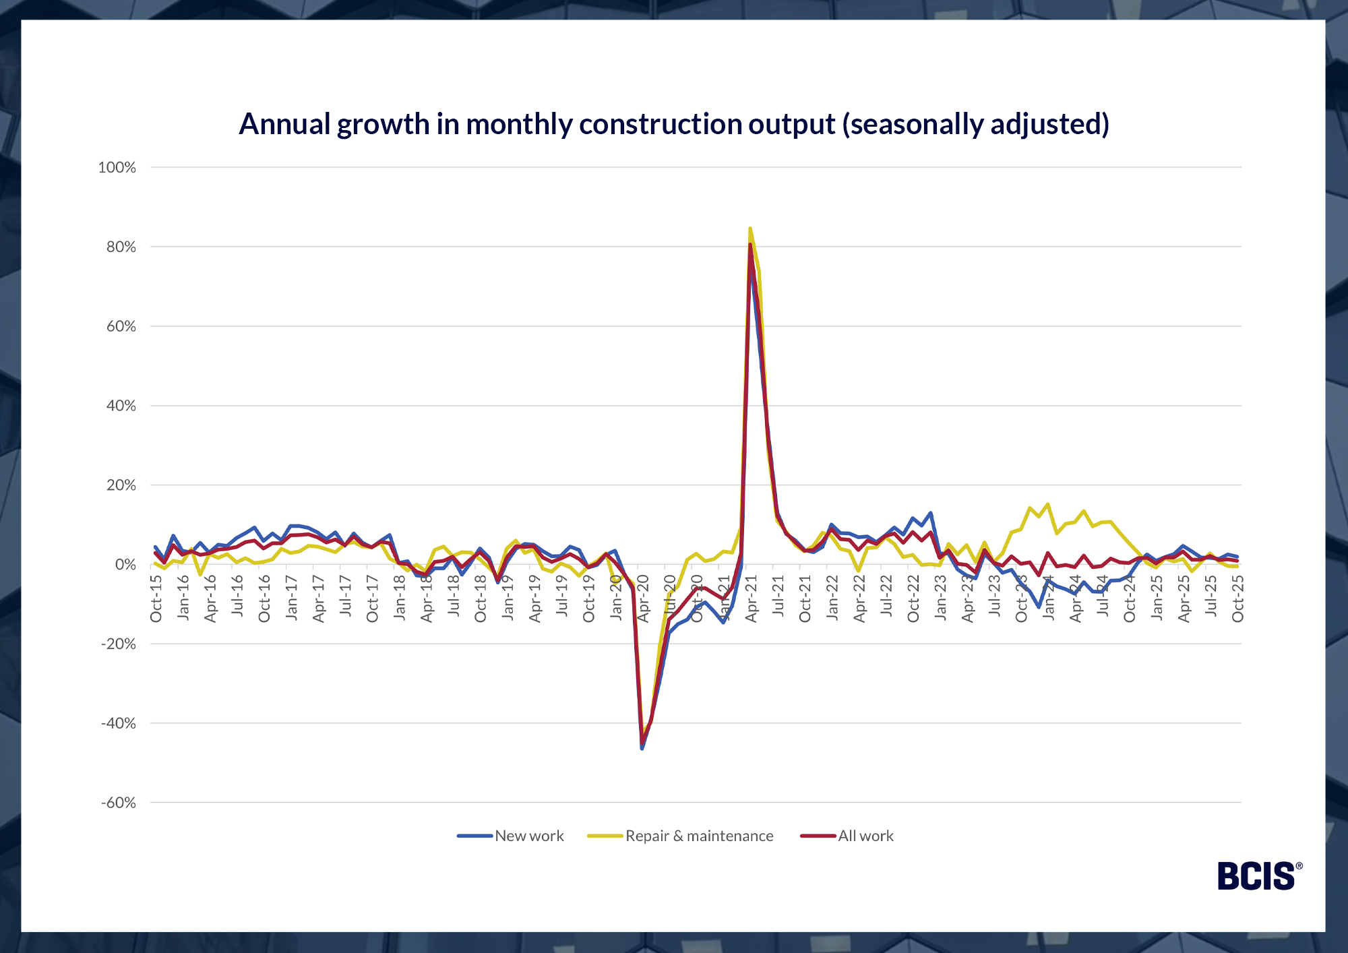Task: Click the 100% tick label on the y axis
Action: [x=117, y=168]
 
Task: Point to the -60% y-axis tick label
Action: [x=118, y=803]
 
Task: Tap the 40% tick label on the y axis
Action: [x=121, y=406]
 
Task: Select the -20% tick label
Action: [x=118, y=644]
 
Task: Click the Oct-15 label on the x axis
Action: [x=156, y=598]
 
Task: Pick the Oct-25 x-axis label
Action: [x=1237, y=598]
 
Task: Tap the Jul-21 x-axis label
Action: [x=778, y=596]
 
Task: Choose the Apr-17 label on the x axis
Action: [x=319, y=598]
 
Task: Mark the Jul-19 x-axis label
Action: [x=561, y=596]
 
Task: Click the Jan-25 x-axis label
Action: [x=1157, y=598]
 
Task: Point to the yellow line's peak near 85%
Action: [x=750, y=228]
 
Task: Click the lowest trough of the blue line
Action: [x=642, y=748]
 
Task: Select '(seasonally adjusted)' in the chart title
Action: [x=975, y=125]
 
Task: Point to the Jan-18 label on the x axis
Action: [x=400, y=598]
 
